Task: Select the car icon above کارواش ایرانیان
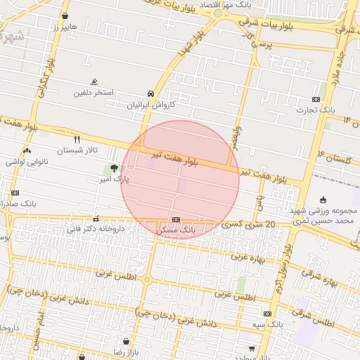click(x=150, y=94)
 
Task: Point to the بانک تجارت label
click(x=316, y=110)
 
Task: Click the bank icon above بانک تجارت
click(x=316, y=99)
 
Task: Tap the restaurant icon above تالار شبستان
click(x=77, y=139)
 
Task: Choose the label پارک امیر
click(x=114, y=180)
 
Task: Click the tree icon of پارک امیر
click(x=114, y=168)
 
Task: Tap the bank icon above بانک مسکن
click(x=176, y=219)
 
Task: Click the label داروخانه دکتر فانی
click(x=96, y=229)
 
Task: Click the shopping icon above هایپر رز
click(x=65, y=15)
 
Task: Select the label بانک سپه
click(x=269, y=324)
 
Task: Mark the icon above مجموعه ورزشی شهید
click(x=323, y=200)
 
